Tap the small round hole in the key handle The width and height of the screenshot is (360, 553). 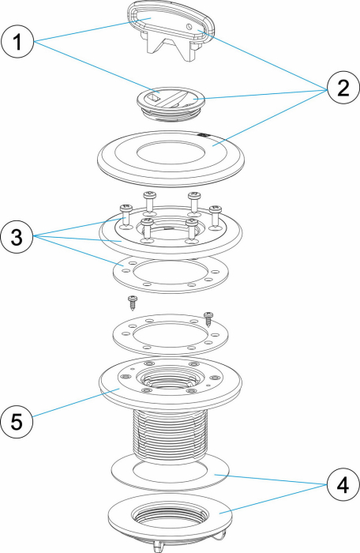(x=193, y=25)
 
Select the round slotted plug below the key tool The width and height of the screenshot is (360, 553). (x=171, y=101)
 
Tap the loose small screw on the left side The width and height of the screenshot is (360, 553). (x=133, y=302)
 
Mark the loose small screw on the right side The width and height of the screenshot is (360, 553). (x=208, y=317)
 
